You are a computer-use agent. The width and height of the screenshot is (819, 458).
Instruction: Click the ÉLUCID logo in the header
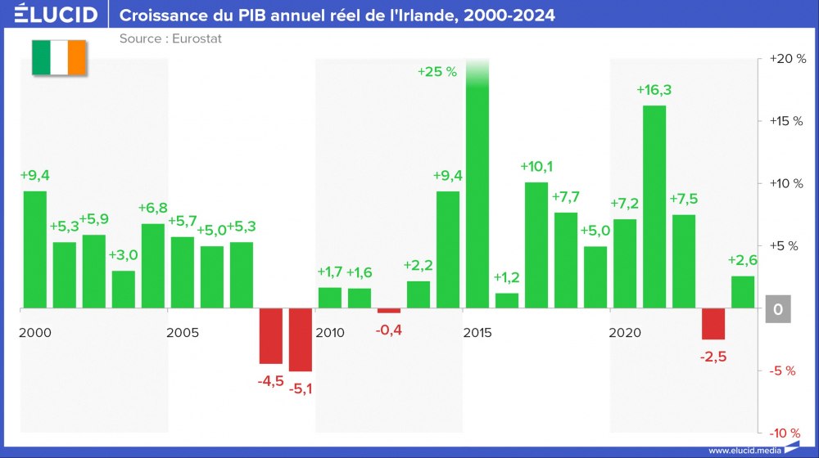point(56,15)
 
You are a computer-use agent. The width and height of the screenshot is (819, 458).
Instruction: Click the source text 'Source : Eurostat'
point(170,38)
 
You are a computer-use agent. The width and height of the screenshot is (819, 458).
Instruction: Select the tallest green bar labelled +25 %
point(477,188)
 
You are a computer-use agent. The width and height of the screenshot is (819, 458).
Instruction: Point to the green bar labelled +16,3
point(654,207)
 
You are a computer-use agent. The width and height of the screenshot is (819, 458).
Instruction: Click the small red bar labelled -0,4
point(389,311)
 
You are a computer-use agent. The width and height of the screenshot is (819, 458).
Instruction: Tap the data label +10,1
point(536,167)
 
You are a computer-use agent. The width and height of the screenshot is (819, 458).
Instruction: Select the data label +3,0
point(124,255)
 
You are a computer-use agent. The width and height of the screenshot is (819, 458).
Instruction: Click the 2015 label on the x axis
point(477,333)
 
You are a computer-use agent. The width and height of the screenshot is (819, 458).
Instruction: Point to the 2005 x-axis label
point(182,333)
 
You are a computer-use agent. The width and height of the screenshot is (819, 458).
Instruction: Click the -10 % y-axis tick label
point(784,433)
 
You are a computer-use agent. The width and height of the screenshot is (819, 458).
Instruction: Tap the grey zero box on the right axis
point(777,309)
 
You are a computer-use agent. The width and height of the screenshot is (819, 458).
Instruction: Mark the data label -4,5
point(271,379)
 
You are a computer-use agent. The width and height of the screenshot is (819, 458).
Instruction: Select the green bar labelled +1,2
point(507,301)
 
